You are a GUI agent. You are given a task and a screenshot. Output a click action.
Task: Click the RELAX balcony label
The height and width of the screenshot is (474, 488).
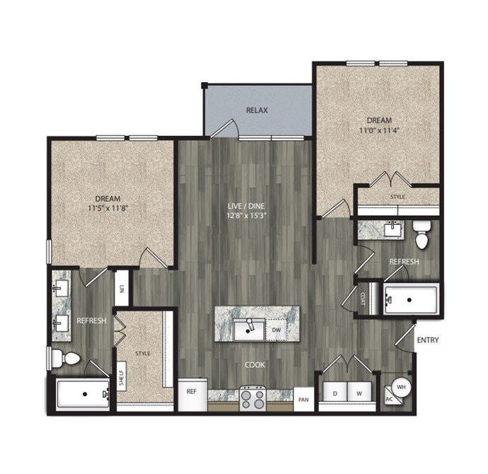click(x=257, y=110)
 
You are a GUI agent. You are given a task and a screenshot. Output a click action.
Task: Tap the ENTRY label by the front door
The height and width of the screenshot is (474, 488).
click(x=428, y=340)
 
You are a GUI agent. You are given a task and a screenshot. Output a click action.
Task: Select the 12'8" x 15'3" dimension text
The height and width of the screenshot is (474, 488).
click(x=246, y=216)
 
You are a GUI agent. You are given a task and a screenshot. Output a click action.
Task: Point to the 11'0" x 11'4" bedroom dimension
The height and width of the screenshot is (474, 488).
click(x=379, y=130)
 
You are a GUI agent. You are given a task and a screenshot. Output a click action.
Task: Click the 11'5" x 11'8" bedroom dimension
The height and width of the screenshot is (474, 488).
click(x=108, y=208)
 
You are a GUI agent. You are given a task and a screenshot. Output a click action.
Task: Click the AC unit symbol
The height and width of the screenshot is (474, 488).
click(x=390, y=399)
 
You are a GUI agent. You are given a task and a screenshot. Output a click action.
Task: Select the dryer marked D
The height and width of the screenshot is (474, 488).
click(x=335, y=392)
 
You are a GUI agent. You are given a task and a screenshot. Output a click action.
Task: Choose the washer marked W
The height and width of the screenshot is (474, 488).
click(x=359, y=392)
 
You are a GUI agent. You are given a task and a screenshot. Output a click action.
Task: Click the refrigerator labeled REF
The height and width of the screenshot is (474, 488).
click(x=192, y=394)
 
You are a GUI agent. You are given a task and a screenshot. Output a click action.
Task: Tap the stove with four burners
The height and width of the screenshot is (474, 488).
click(x=252, y=398)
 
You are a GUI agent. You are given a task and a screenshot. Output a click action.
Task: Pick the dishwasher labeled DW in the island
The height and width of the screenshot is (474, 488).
click(x=277, y=330)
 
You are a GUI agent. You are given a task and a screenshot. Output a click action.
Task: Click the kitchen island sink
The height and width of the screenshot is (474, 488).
click(x=249, y=330)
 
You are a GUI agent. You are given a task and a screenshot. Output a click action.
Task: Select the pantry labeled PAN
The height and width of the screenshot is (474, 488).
click(x=303, y=399)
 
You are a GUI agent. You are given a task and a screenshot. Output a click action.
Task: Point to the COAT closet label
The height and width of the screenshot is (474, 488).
click(x=363, y=299)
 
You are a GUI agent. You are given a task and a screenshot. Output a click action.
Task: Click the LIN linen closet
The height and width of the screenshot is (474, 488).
click(x=122, y=288)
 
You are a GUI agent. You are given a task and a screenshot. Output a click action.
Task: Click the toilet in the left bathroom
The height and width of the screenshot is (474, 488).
click(x=66, y=358)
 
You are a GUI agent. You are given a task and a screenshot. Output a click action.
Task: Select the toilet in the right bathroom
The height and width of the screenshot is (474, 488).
click(x=422, y=235)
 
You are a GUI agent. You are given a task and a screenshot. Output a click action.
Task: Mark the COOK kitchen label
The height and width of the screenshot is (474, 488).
click(x=255, y=365)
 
